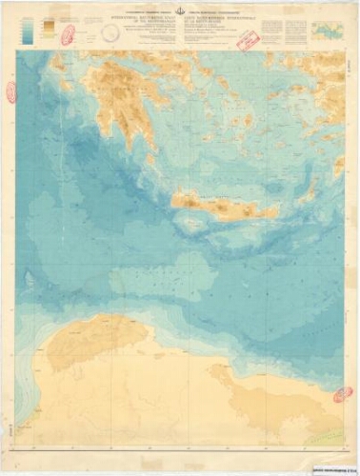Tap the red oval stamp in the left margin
pos(11,91)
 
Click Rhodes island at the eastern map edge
pos(337,166)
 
